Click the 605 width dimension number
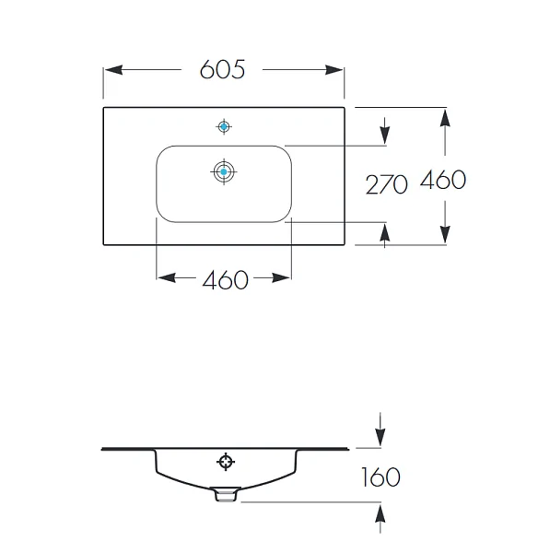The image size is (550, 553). click(x=222, y=69)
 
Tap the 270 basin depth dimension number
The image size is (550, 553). click(x=386, y=184)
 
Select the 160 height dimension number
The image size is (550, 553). click(x=380, y=477)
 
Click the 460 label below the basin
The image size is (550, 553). click(x=226, y=280)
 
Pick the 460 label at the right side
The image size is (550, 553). click(x=443, y=180)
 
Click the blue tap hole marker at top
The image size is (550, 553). click(x=224, y=126)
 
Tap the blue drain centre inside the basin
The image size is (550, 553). click(x=224, y=171)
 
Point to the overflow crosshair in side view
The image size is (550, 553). click(x=226, y=462)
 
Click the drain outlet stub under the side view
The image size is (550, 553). click(x=226, y=494)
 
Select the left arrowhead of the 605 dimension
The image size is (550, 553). click(x=113, y=69)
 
